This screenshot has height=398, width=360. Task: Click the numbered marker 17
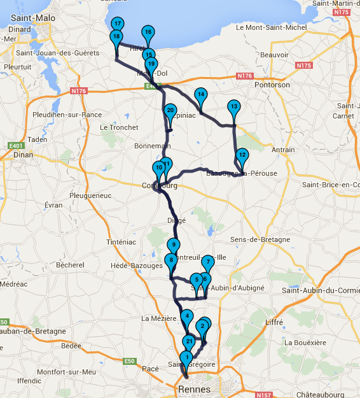coord(117,24)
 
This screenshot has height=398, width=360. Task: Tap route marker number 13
coord(234,107)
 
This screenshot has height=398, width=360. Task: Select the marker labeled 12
coord(242,155)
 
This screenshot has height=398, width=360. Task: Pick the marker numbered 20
coord(170,111)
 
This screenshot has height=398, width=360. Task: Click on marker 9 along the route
coord(174,245)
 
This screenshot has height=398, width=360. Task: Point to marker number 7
coord(207,262)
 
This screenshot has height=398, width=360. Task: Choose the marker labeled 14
coord(200,95)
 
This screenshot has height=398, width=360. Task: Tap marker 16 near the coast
coord(148,32)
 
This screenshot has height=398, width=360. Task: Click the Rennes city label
coord(190,388)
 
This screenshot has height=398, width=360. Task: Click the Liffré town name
coord(273,323)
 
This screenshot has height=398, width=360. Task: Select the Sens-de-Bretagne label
coord(260,239)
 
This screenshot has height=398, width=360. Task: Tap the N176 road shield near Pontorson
coord(245,76)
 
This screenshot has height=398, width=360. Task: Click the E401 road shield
coord(16,146)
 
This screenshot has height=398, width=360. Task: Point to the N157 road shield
coord(264,395)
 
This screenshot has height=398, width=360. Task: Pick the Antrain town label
coord(283,150)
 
